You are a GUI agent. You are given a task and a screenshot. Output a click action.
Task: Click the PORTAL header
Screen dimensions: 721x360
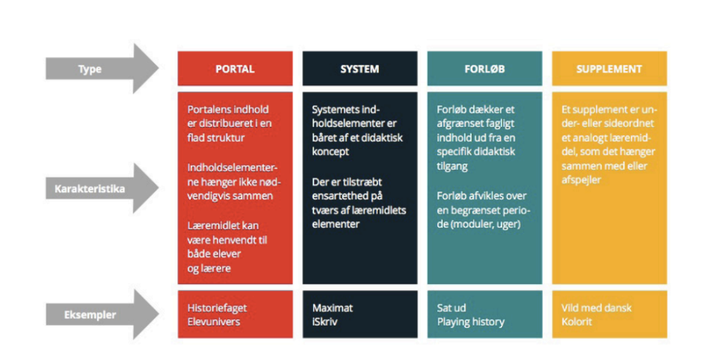pos(235,69)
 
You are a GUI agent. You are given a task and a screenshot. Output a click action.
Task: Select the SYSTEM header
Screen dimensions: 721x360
pos(360,69)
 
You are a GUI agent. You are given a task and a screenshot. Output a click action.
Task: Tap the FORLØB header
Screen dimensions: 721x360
pos(484,69)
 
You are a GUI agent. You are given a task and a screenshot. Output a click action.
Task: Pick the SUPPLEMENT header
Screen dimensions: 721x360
pos(609,69)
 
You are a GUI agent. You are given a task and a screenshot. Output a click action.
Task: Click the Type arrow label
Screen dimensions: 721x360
pos(89,70)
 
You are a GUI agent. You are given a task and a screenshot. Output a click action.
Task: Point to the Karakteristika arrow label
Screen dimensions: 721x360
pos(89,189)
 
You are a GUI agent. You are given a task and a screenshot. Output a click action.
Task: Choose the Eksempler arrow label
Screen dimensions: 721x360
pos(89,315)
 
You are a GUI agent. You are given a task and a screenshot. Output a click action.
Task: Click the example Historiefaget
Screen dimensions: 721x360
pos(217,308)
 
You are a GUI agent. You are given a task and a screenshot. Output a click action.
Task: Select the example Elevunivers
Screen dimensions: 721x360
pos(214,321)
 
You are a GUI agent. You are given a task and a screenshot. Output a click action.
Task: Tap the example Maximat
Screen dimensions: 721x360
pos(332,308)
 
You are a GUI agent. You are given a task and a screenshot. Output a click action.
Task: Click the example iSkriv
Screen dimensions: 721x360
pos(325,321)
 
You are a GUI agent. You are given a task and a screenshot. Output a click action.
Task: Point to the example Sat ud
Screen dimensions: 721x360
pos(451,308)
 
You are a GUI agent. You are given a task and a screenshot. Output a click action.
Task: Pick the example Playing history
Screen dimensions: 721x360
pos(470,322)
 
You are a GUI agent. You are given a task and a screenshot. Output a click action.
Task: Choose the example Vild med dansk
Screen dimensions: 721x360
pos(596,308)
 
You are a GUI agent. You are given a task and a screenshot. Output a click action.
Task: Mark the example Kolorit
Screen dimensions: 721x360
pos(577,321)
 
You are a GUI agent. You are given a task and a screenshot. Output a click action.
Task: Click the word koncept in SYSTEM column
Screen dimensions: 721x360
pos(330,152)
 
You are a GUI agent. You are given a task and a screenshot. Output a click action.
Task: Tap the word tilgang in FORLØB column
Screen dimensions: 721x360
pos(452,166)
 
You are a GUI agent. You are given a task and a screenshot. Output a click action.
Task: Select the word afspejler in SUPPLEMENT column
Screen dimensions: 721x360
pos(581,180)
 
